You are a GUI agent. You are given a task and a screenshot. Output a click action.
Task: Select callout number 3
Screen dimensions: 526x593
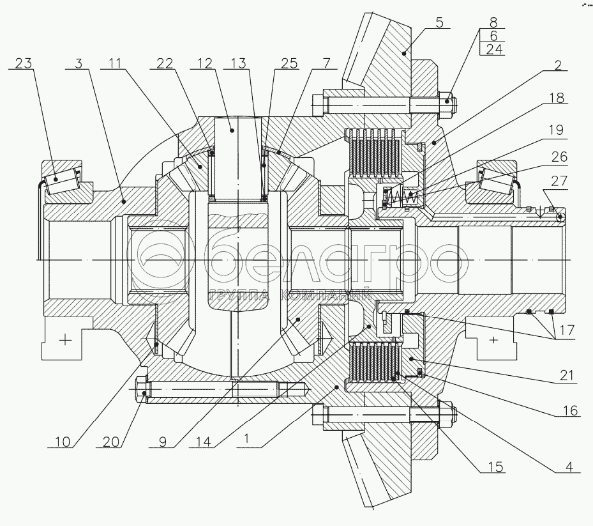click(x=79, y=63)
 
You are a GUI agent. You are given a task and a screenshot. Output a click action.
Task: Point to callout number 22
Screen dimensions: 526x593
click(x=165, y=63)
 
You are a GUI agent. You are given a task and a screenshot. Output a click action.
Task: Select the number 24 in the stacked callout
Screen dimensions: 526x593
click(x=493, y=50)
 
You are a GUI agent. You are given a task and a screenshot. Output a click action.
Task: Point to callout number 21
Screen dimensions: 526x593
click(x=565, y=376)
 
